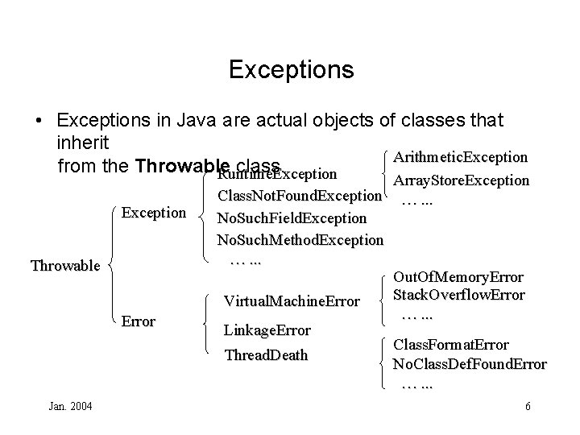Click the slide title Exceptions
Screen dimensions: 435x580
pyautogui.click(x=291, y=69)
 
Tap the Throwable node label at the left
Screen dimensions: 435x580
pyautogui.click(x=64, y=265)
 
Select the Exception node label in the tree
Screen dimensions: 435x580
pyautogui.click(x=153, y=213)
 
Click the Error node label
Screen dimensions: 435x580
pyautogui.click(x=138, y=321)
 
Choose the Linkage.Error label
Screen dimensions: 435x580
pyautogui.click(x=267, y=330)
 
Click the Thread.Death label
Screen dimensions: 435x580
pyautogui.click(x=266, y=355)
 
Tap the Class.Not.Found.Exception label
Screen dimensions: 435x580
pyautogui.click(x=300, y=196)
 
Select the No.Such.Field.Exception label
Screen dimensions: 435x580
pyautogui.click(x=292, y=217)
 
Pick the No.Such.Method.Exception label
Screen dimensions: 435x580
pyautogui.click(x=300, y=239)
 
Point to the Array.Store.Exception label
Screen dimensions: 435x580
pyautogui.click(x=460, y=180)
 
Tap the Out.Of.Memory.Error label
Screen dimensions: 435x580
pyautogui.click(x=458, y=277)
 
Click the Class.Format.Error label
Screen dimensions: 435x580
pyautogui.click(x=450, y=345)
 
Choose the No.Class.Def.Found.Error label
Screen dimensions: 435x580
pyautogui.click(x=469, y=363)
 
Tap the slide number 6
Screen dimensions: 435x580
pyautogui.click(x=527, y=406)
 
